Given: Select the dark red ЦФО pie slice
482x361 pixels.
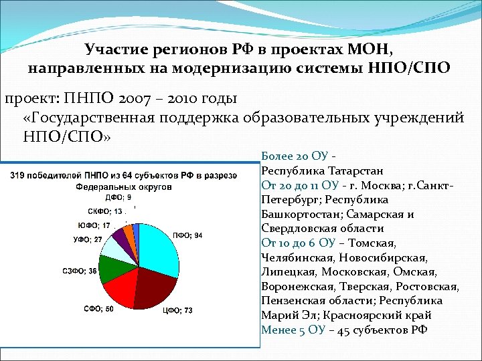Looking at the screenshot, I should coord(157,287).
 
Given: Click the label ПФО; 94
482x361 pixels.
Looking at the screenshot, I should coord(189,235).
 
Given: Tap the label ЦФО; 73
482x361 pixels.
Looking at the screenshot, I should coord(179,310).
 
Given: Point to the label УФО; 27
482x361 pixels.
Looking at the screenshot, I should coord(88,239).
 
